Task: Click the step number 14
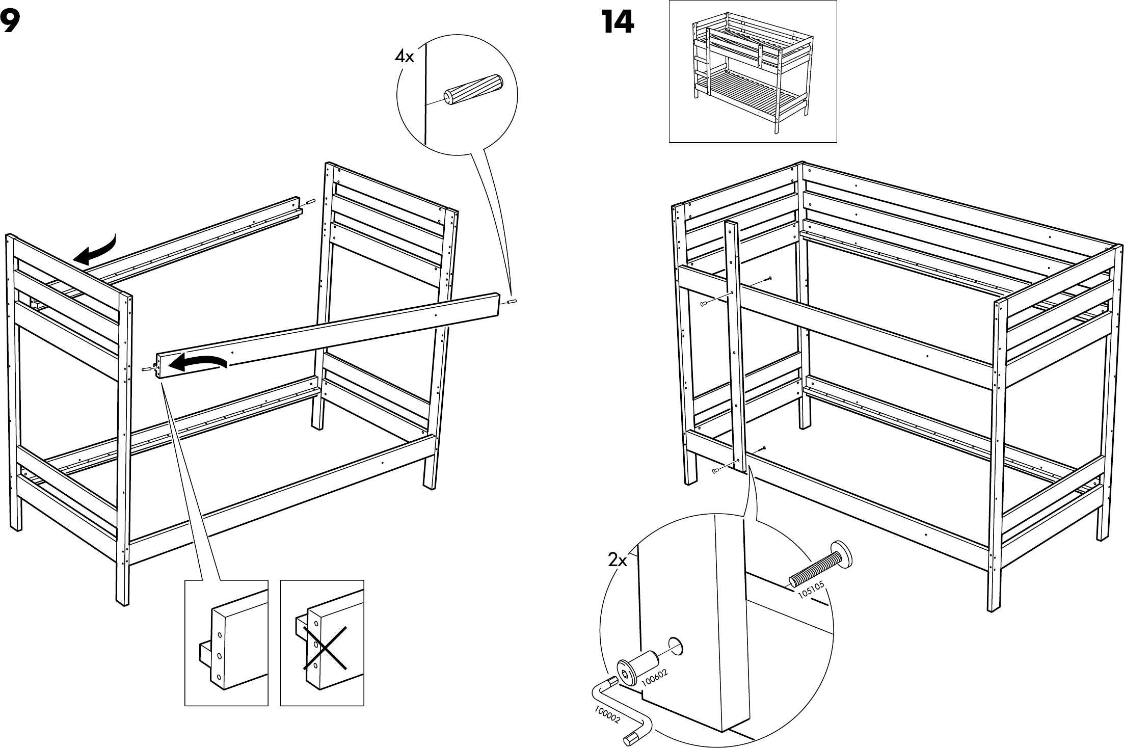(x=618, y=22)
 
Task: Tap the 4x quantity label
(x=405, y=57)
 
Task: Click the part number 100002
(x=607, y=713)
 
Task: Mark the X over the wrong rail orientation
(x=325, y=648)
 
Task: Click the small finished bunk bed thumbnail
(x=752, y=71)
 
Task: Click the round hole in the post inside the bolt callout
(x=675, y=646)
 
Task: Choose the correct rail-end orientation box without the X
(x=226, y=643)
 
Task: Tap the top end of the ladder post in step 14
(x=731, y=225)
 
